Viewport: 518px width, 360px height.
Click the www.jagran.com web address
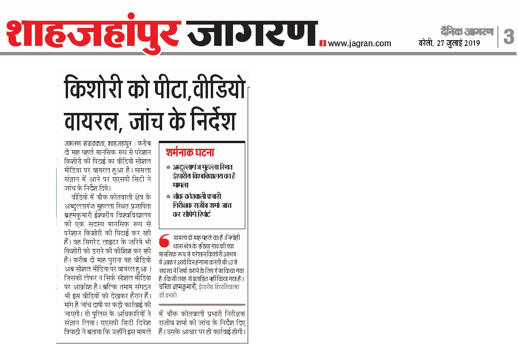pyautogui.click(x=360, y=43)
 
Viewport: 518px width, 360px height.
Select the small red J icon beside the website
pyautogui.click(x=322, y=43)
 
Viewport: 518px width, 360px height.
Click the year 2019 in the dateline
pyautogui.click(x=471, y=43)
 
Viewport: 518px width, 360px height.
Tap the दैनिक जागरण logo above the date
pyautogui.click(x=466, y=32)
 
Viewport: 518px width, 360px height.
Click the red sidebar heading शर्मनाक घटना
pyautogui.click(x=190, y=153)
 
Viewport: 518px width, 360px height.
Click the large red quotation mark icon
pyautogui.click(x=164, y=240)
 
